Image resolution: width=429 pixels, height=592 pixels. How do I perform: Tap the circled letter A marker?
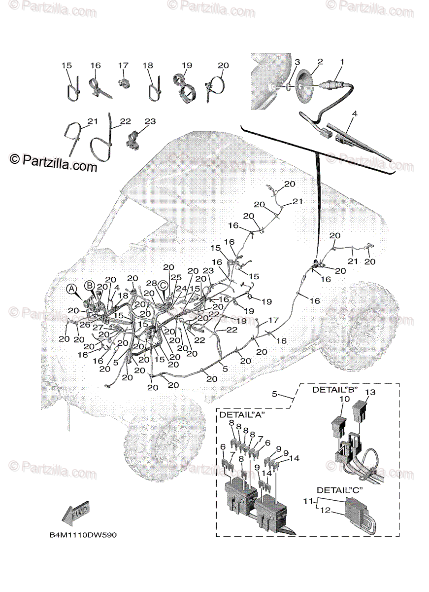(x=72, y=288)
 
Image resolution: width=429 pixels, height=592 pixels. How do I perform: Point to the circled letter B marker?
(x=89, y=285)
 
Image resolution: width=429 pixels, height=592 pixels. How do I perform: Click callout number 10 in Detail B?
(x=344, y=398)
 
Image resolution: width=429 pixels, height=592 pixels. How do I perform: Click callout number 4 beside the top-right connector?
(x=354, y=113)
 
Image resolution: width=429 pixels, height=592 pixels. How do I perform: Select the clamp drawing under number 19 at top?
(x=186, y=87)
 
